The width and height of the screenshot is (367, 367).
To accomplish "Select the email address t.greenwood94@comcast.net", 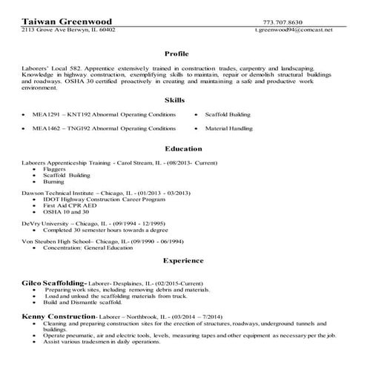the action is [294, 30].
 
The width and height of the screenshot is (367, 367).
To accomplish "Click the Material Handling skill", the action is [229, 128].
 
